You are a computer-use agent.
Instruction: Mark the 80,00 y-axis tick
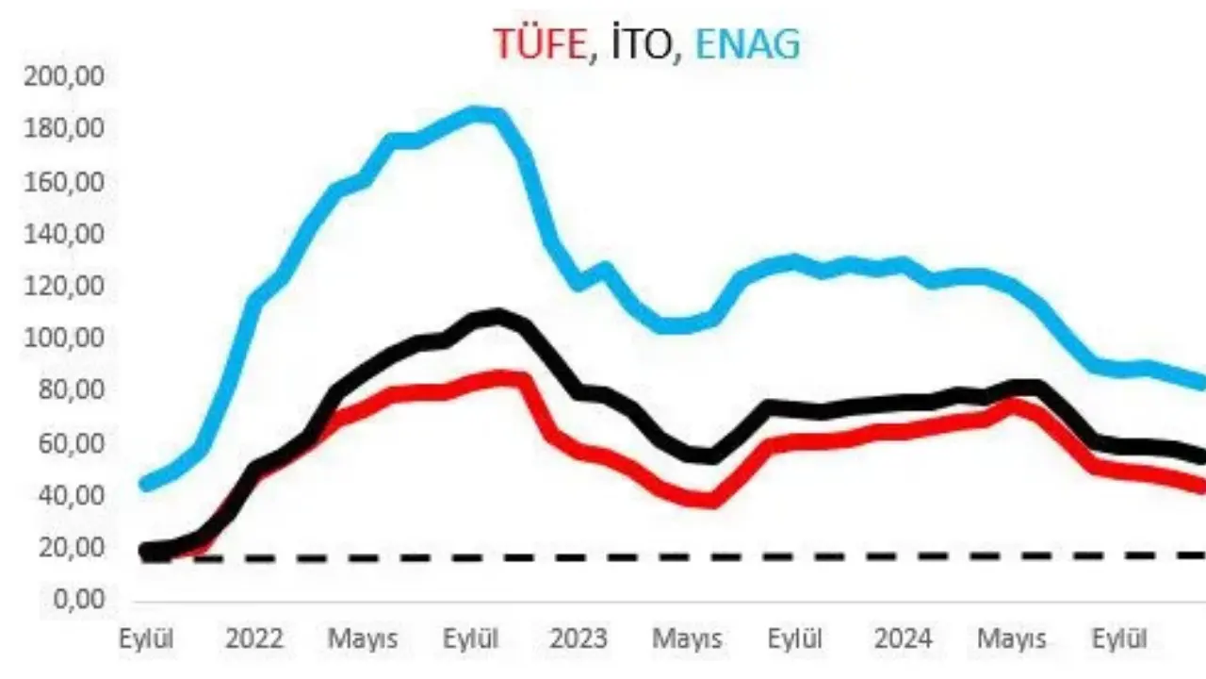click(64, 390)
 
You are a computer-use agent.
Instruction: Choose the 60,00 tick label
click(64, 443)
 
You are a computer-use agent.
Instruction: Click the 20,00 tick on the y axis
click(64, 548)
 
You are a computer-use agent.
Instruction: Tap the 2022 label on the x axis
click(254, 638)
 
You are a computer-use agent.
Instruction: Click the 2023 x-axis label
click(579, 638)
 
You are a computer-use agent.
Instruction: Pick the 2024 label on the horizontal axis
click(903, 638)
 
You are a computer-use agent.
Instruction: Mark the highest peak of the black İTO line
click(497, 316)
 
